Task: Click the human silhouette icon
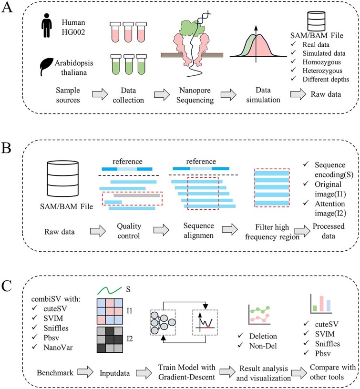click(x=47, y=25)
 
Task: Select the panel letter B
click(x=6, y=148)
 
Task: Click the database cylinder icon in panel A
click(x=316, y=21)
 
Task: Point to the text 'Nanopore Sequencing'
click(x=195, y=95)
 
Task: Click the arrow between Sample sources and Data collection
click(x=100, y=94)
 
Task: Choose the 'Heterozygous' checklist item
click(x=322, y=71)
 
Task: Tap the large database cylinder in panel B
click(x=63, y=179)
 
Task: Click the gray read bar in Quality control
click(x=137, y=195)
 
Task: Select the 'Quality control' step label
click(x=129, y=231)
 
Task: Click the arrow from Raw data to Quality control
click(x=98, y=231)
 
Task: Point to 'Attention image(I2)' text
click(x=330, y=208)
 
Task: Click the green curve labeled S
click(x=110, y=290)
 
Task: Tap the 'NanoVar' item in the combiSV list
click(x=58, y=348)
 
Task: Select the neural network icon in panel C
click(x=163, y=322)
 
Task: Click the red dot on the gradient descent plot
click(x=208, y=327)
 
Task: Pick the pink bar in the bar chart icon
click(x=321, y=303)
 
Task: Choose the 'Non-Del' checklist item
click(x=263, y=346)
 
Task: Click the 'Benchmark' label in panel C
click(x=55, y=373)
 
